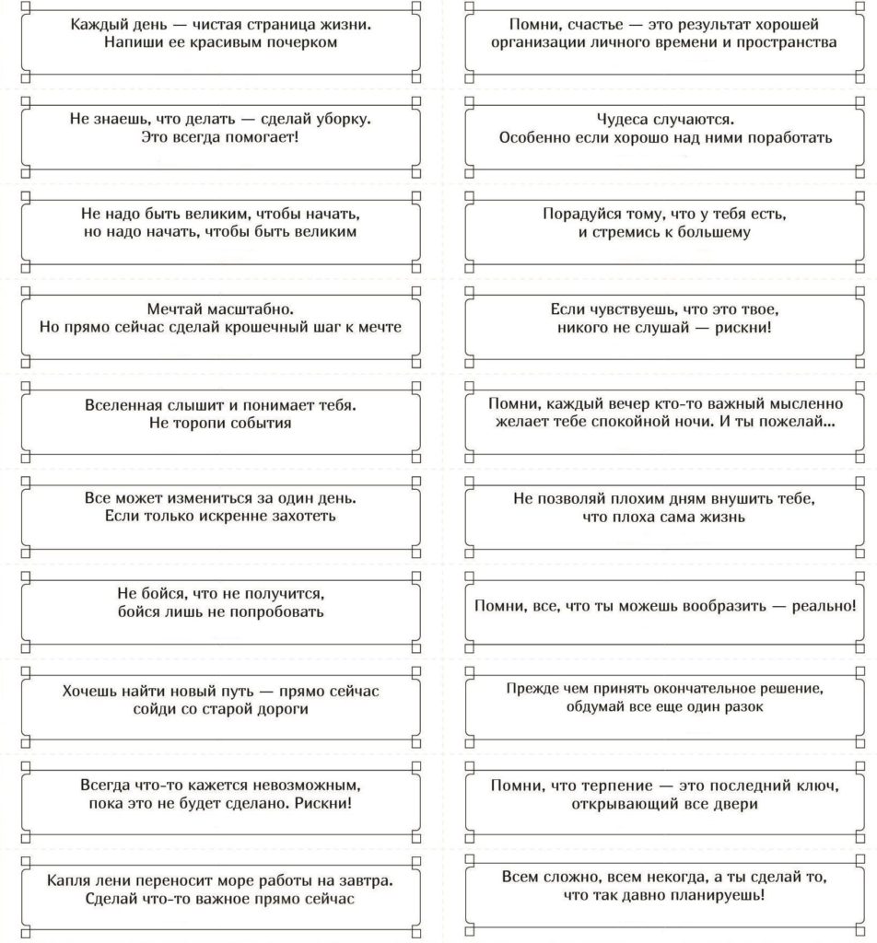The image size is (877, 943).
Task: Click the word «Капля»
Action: coord(68,880)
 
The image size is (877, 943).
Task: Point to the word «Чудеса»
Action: coord(626,119)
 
